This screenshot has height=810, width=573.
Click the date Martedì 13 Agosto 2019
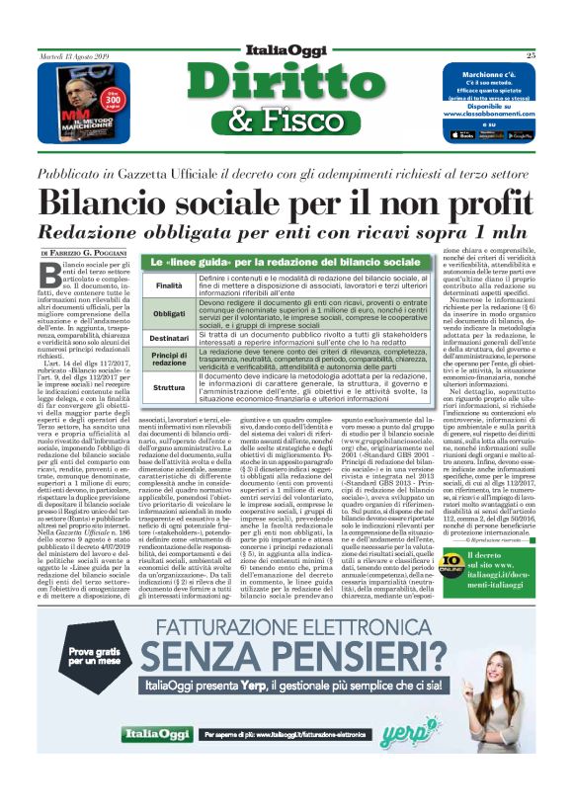coord(74,55)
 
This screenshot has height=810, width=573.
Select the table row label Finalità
coord(169,285)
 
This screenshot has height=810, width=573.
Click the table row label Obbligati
coord(169,312)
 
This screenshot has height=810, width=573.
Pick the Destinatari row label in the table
coord(169,338)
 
